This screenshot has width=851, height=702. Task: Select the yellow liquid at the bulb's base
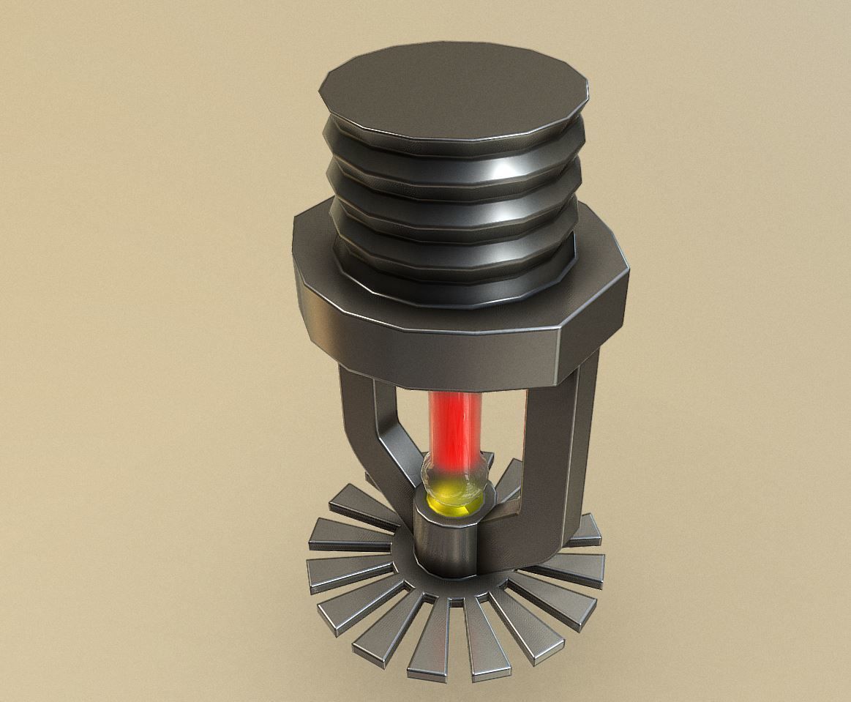(448, 503)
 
